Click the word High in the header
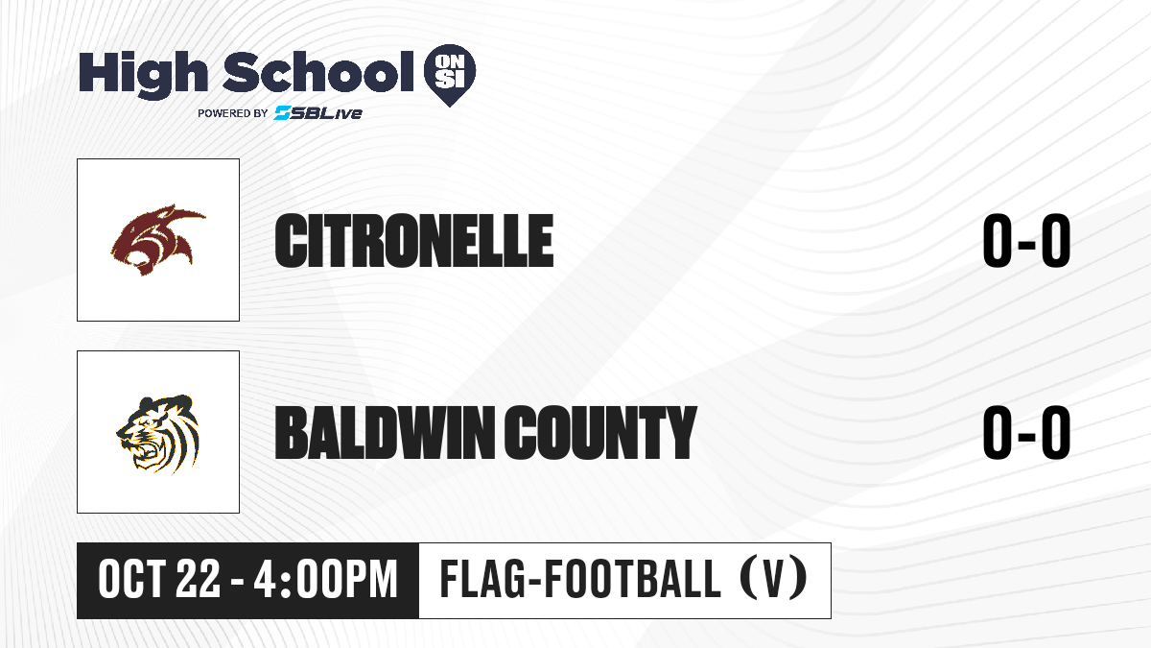(144, 74)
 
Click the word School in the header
(318, 72)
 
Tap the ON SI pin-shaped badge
(450, 75)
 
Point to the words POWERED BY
(233, 113)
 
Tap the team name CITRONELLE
(414, 241)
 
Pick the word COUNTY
(600, 432)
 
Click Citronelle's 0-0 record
(1026, 241)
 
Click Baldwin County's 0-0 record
(1026, 432)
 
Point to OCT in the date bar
(131, 580)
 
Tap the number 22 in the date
(198, 580)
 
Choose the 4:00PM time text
(326, 580)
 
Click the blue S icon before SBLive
(282, 113)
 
